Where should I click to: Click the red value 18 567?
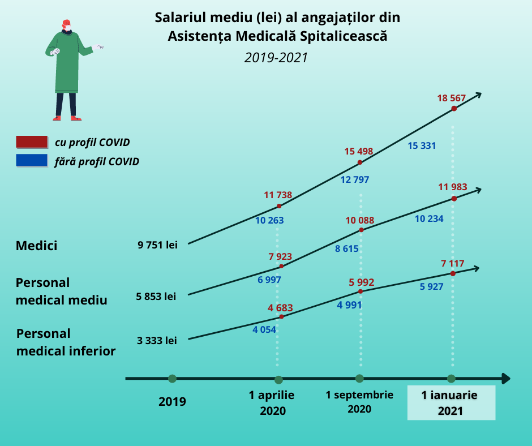click(451, 98)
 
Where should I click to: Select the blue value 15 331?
click(422, 145)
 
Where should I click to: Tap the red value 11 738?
click(278, 195)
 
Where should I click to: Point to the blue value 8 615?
click(347, 248)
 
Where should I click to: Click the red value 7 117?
click(452, 263)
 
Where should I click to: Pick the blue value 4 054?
click(264, 329)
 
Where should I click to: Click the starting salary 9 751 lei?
click(157, 245)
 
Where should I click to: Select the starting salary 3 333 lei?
click(157, 341)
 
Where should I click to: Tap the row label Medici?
click(37, 246)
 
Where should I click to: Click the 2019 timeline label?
click(172, 402)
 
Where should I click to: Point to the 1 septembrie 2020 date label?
click(359, 401)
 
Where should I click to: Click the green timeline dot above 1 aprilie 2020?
click(278, 380)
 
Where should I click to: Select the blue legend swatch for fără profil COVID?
click(31, 161)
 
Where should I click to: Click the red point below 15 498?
click(360, 163)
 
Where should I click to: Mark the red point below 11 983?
click(454, 198)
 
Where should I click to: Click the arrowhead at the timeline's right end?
click(505, 379)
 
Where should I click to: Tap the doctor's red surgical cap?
click(66, 23)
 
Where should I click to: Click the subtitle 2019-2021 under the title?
click(277, 58)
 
